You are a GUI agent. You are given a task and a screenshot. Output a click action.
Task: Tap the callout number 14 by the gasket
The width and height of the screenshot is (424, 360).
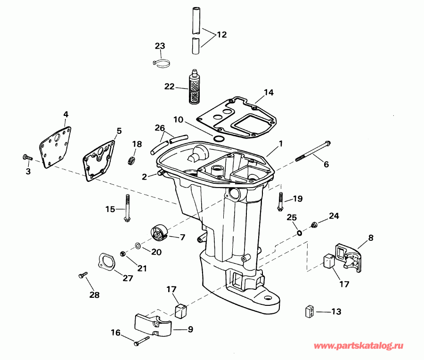point(269,92)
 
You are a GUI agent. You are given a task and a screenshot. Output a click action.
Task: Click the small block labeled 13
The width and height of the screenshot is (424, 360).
point(308,311)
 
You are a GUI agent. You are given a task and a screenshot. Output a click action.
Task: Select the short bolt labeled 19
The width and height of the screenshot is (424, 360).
point(281,202)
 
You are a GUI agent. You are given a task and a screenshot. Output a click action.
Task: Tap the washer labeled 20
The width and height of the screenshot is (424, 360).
point(137,245)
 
